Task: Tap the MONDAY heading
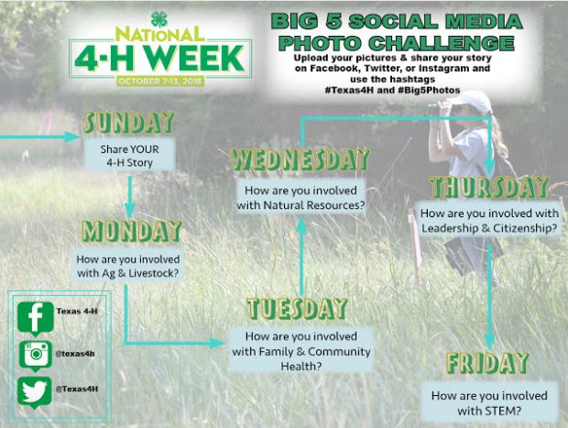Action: (132, 228)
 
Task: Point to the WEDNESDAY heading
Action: (299, 159)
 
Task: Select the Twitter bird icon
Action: (36, 390)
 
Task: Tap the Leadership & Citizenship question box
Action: (489, 221)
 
